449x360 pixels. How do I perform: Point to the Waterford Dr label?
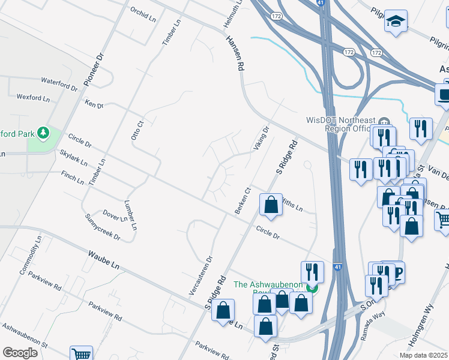[x=59, y=83]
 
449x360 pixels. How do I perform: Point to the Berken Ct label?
[x=243, y=200]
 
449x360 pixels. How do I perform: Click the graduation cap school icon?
[x=396, y=23]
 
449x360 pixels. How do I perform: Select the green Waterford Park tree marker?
[x=43, y=131]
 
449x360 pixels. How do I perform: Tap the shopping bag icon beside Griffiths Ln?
[x=271, y=204]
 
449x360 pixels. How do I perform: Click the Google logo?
[x=20, y=353]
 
